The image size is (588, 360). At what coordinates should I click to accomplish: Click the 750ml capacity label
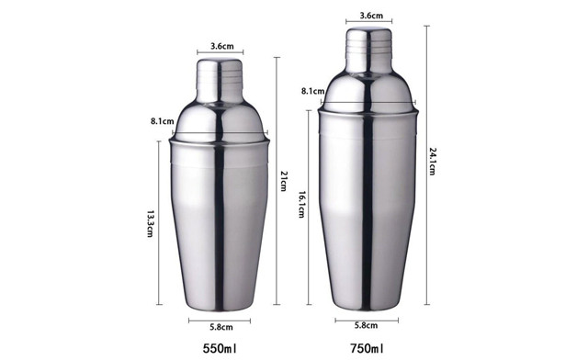367,348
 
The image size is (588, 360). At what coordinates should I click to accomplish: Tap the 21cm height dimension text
285,181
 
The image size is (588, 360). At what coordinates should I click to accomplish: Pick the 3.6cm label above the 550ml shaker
220,46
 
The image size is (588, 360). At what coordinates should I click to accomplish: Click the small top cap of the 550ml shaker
220,72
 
